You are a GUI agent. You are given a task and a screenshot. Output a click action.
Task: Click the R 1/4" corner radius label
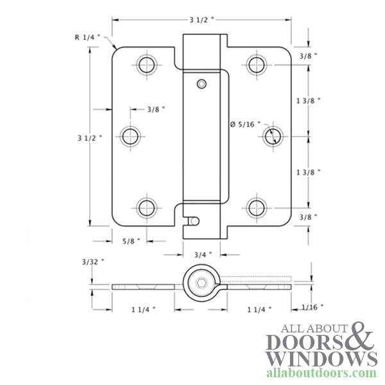click(87, 37)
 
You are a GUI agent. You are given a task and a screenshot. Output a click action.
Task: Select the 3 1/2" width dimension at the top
click(203, 20)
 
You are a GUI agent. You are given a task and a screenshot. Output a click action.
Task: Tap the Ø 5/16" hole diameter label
click(243, 124)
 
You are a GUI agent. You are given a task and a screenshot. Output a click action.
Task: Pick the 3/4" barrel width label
click(202, 254)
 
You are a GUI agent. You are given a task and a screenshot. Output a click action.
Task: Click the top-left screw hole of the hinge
click(146, 64)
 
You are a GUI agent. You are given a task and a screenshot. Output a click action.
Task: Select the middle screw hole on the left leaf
click(131, 135)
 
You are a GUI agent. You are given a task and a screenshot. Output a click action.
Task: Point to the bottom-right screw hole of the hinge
click(257, 207)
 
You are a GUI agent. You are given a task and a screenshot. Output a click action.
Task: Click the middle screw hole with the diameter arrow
click(272, 135)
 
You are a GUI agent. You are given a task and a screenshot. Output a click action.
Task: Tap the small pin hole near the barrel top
click(202, 84)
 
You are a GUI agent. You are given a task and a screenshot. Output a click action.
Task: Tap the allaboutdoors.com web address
click(321, 373)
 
